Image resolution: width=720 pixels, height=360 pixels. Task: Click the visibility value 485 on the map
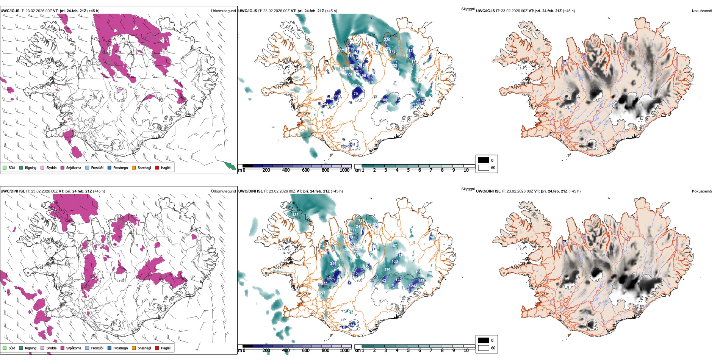point(295,215)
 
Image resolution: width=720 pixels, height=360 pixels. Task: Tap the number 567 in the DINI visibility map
point(322,293)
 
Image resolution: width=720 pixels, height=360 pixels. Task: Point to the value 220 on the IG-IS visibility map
point(387,39)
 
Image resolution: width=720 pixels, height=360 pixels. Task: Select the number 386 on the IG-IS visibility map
point(346,69)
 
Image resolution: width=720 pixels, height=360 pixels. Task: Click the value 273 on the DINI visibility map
point(387,270)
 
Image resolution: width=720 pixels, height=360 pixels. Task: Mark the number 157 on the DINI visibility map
point(394,246)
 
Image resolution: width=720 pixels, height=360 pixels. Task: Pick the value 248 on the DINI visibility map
point(414,286)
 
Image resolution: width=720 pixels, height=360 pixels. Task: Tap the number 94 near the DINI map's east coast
point(432,237)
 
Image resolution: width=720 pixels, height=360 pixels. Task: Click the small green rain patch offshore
point(229,165)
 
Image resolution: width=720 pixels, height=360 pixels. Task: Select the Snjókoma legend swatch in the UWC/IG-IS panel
point(63,167)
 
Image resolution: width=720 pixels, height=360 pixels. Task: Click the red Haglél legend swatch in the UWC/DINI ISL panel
point(157,348)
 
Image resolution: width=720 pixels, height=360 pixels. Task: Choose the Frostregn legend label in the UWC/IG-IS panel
point(121,167)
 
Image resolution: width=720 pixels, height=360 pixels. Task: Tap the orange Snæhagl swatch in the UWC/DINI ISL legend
point(134,348)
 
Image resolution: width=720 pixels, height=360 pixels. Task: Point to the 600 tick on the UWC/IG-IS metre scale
point(305,170)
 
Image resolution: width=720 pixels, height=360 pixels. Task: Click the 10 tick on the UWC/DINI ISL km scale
point(466,351)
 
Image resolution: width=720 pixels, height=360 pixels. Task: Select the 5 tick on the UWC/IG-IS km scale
point(408,170)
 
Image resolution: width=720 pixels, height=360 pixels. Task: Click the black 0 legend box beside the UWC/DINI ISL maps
point(484,340)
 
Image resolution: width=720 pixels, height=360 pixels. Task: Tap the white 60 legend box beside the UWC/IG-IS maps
point(484,167)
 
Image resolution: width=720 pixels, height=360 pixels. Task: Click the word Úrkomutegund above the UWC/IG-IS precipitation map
point(223,11)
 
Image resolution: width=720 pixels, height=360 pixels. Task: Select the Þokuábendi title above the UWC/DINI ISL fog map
point(702,191)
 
